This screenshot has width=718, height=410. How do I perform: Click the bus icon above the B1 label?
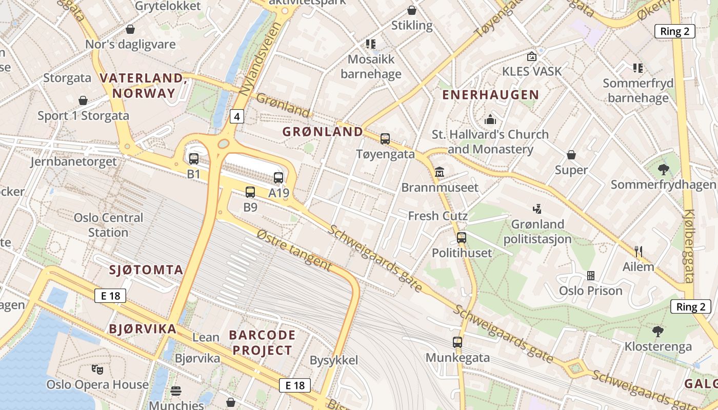(193, 159)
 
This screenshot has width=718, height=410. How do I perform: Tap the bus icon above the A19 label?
(278, 178)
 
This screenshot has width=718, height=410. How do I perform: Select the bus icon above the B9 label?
(250, 192)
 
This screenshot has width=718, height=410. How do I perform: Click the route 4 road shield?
(236, 117)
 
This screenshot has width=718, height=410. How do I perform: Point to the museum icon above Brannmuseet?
(440, 172)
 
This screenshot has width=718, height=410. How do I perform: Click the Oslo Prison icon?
(591, 276)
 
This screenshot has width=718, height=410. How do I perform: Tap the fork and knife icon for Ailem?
(639, 251)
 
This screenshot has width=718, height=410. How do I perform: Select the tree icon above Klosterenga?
(657, 332)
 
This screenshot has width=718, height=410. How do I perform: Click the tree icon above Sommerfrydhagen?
(663, 169)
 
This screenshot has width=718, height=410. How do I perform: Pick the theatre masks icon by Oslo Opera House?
(97, 369)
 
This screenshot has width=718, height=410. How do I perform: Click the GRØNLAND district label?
(323, 132)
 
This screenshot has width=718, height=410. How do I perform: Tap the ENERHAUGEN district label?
(490, 95)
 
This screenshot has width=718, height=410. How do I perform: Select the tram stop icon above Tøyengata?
(385, 139)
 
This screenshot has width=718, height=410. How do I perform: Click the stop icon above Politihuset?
(462, 237)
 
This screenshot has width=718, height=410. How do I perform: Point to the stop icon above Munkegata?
(457, 342)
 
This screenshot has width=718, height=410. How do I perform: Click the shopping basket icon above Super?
(571, 155)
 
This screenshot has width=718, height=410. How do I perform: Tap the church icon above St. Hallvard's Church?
(490, 119)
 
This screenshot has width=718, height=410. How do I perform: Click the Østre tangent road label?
(294, 250)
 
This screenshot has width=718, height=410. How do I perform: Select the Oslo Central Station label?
(101, 225)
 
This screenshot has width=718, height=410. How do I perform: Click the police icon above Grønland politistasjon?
(537, 209)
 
